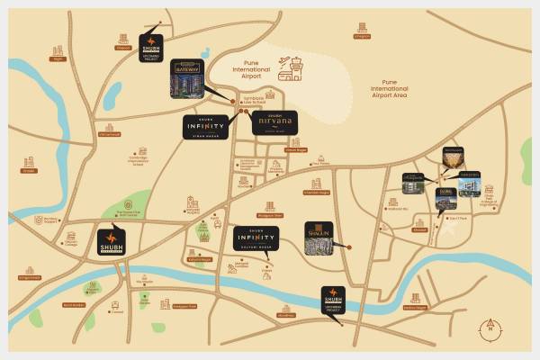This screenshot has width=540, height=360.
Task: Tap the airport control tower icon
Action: tap(293, 65)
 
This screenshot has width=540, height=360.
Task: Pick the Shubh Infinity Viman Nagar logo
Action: tap(210, 127)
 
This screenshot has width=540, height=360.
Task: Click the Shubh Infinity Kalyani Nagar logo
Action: tap(256, 238)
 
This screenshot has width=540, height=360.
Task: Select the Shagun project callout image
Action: tap(320, 238)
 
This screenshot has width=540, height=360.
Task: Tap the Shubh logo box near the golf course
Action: tap(112, 241)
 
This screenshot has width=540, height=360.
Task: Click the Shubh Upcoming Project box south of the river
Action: tap(335, 299)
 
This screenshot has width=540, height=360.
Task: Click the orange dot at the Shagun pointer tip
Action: tap(349, 247)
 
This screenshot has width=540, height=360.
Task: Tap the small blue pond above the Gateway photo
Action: tap(206, 52)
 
